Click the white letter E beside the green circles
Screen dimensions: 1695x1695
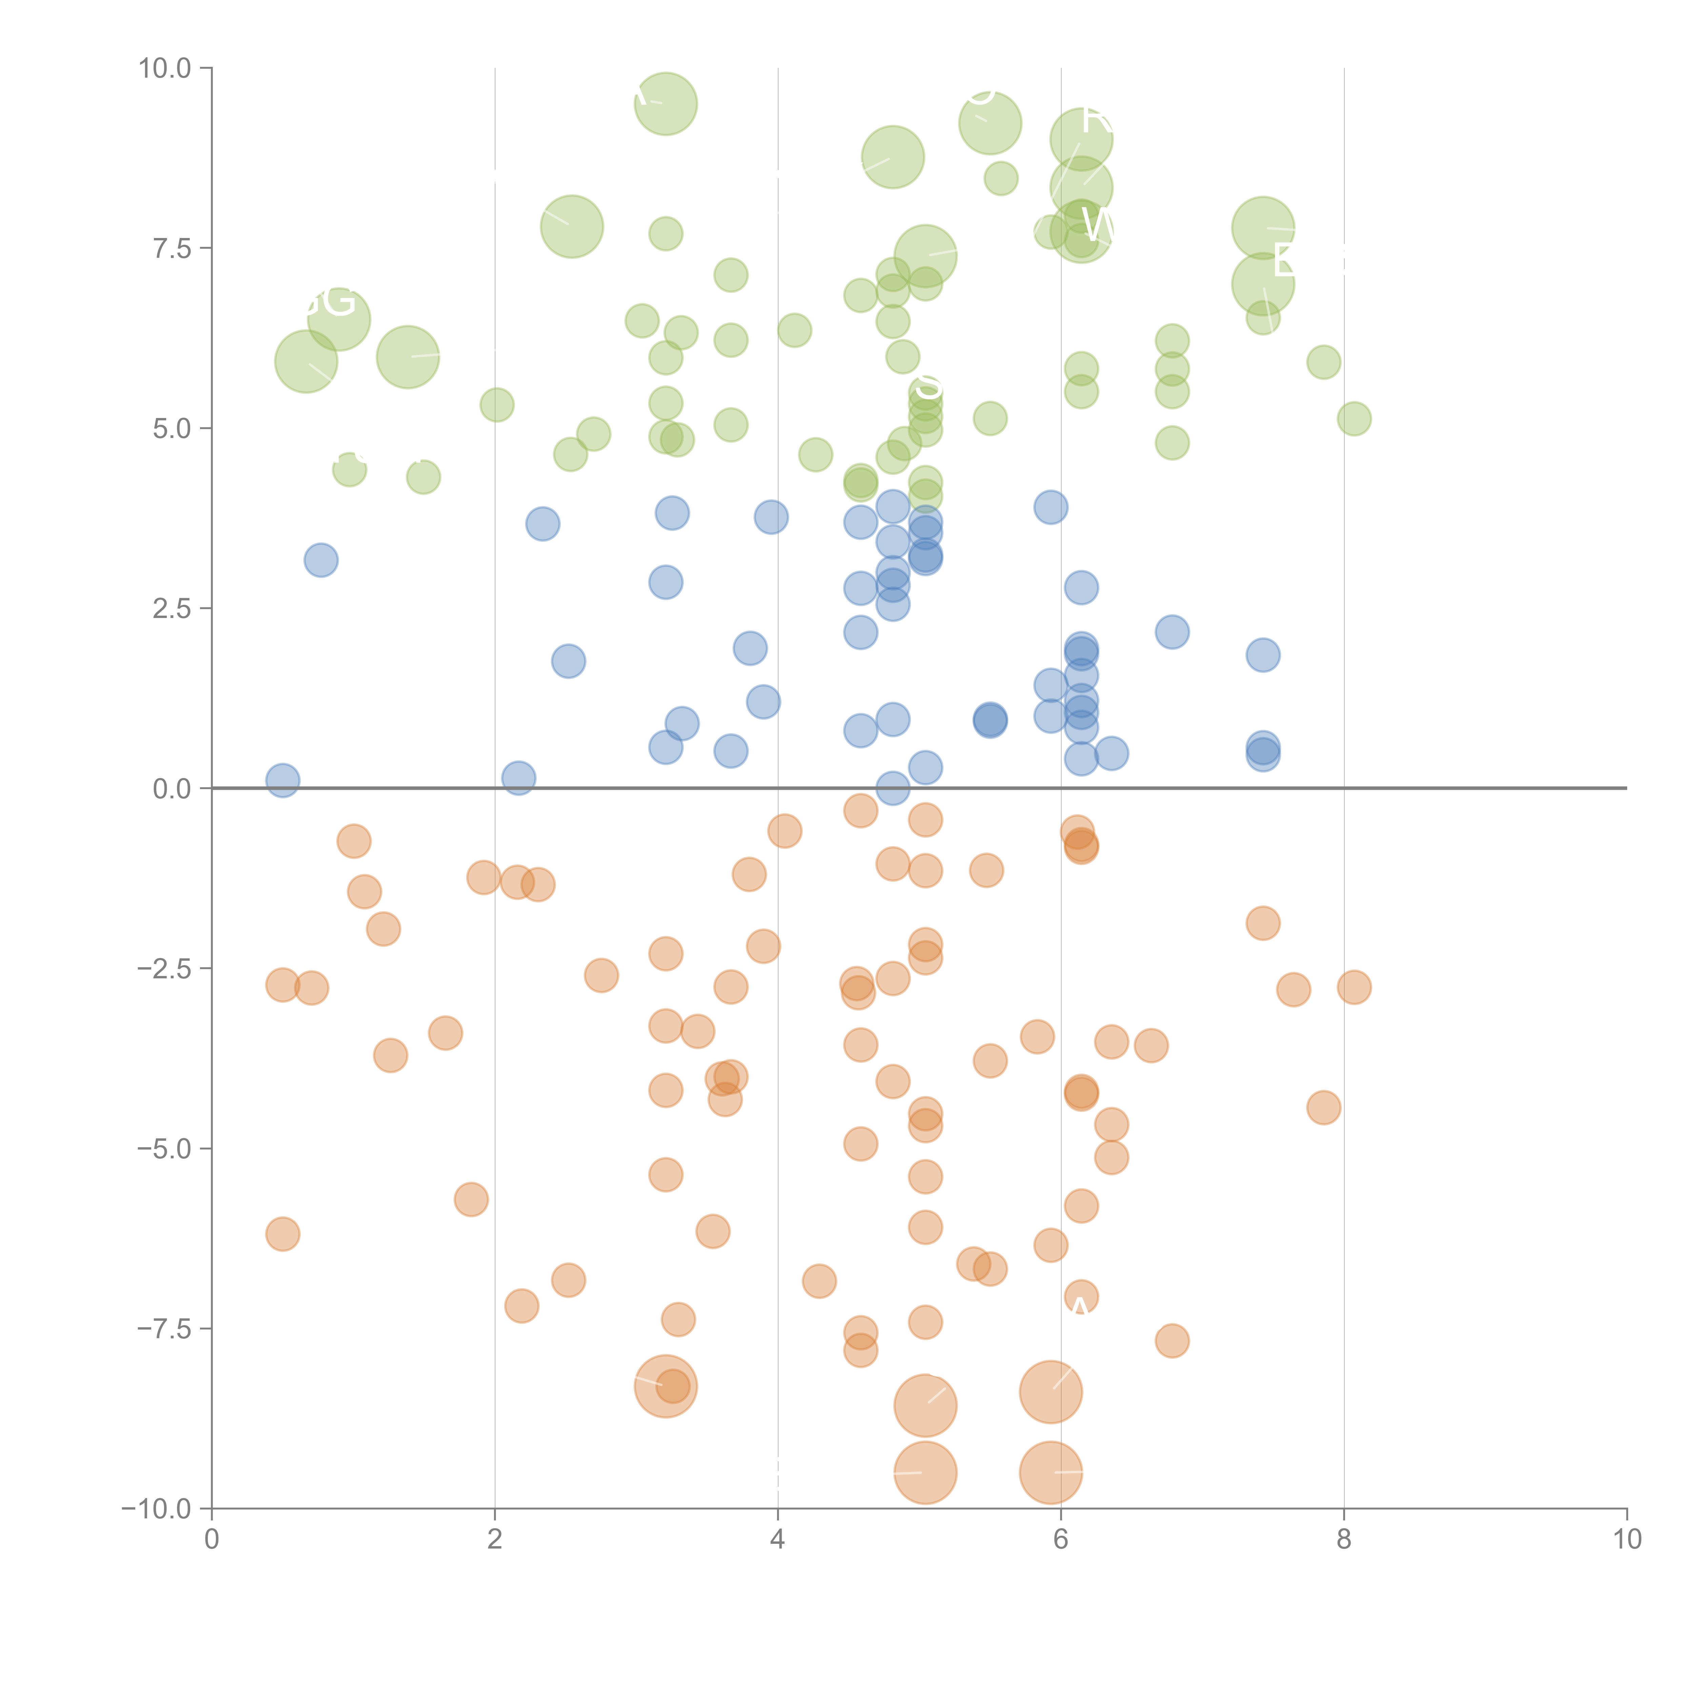(1284, 260)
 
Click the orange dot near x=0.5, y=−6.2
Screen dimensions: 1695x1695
(282, 1234)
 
